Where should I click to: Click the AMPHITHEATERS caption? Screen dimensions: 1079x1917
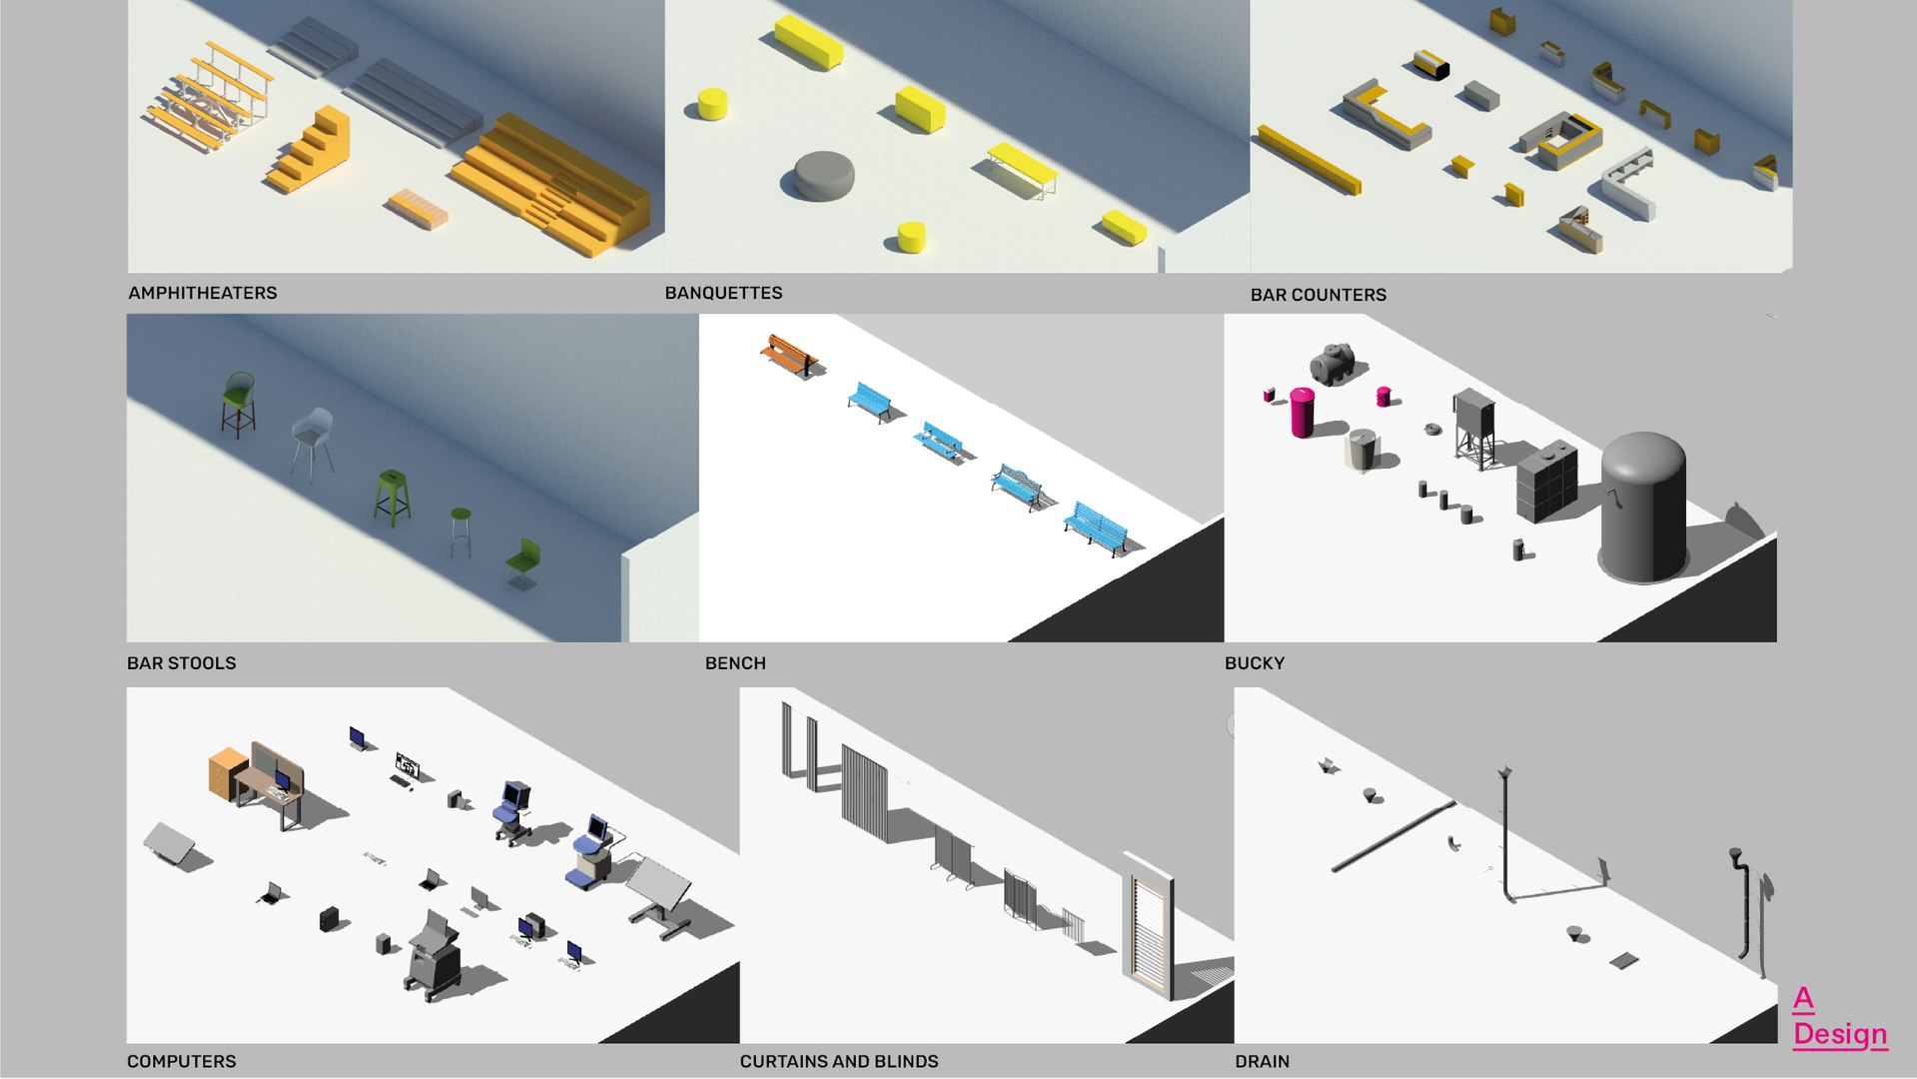click(x=203, y=293)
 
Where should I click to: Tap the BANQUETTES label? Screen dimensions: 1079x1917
click(x=723, y=293)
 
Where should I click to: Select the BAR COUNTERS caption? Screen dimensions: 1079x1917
click(x=1318, y=295)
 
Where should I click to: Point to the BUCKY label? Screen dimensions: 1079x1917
click(x=1254, y=663)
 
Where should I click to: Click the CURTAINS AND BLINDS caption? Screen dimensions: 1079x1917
click(x=838, y=1061)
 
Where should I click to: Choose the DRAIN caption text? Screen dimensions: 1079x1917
click(x=1262, y=1061)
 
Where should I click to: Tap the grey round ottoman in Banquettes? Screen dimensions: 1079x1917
click(x=823, y=176)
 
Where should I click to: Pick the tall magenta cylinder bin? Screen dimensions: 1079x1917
click(x=1302, y=413)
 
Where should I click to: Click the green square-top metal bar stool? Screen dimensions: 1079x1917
click(x=391, y=497)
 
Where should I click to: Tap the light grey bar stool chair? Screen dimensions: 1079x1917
click(x=313, y=440)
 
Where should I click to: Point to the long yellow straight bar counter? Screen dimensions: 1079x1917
click(x=1309, y=160)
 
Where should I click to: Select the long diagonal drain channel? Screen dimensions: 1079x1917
click(x=1393, y=836)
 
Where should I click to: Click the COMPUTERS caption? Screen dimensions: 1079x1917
click(x=181, y=1061)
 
